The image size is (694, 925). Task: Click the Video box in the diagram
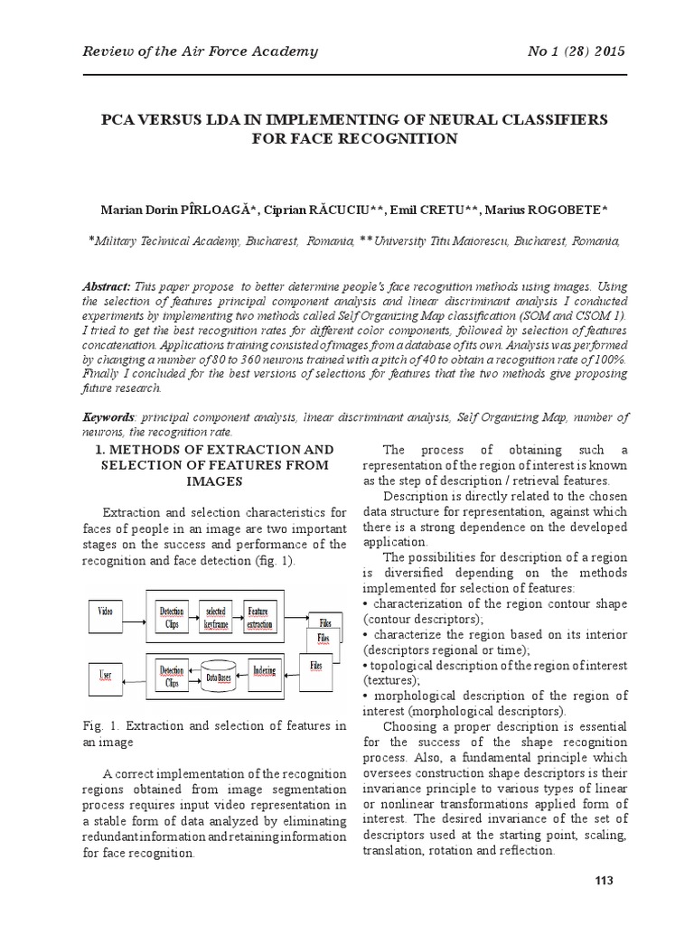tap(105, 612)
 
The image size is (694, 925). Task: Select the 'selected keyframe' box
tap(215, 618)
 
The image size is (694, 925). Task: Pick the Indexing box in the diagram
tap(265, 670)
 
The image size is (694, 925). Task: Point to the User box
tap(105, 675)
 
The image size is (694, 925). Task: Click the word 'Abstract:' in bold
tap(107, 286)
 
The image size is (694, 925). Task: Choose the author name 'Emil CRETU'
tap(432, 210)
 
